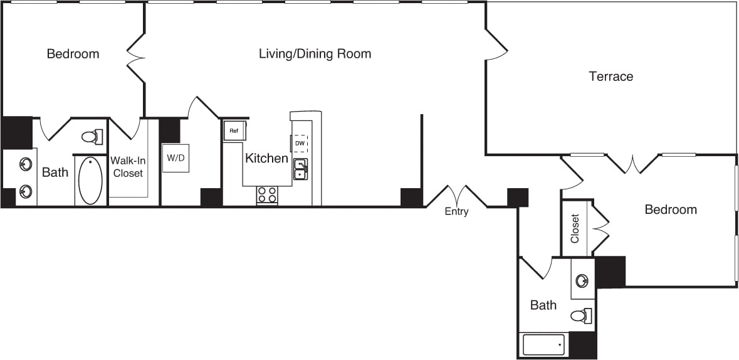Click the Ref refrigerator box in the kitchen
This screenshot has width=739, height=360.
[234, 130]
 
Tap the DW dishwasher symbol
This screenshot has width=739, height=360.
[300, 143]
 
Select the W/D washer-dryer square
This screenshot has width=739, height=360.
[176, 158]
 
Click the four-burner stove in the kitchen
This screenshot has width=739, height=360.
[267, 195]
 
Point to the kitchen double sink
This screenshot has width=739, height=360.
[301, 169]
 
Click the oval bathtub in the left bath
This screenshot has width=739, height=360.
[90, 181]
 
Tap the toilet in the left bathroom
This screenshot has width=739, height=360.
[93, 137]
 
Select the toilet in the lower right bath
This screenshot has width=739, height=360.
[582, 315]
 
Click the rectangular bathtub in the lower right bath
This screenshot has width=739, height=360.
[543, 345]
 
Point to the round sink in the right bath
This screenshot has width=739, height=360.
[582, 280]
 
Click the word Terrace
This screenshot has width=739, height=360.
[611, 77]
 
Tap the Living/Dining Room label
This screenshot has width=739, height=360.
[315, 54]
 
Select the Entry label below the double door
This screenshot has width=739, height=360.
[456, 211]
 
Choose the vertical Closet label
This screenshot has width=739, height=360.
[575, 229]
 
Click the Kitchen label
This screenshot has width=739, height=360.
[266, 158]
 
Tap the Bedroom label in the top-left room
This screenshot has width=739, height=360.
[73, 54]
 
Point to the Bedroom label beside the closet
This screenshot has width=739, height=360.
[671, 209]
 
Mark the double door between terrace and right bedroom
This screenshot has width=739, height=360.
[633, 164]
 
